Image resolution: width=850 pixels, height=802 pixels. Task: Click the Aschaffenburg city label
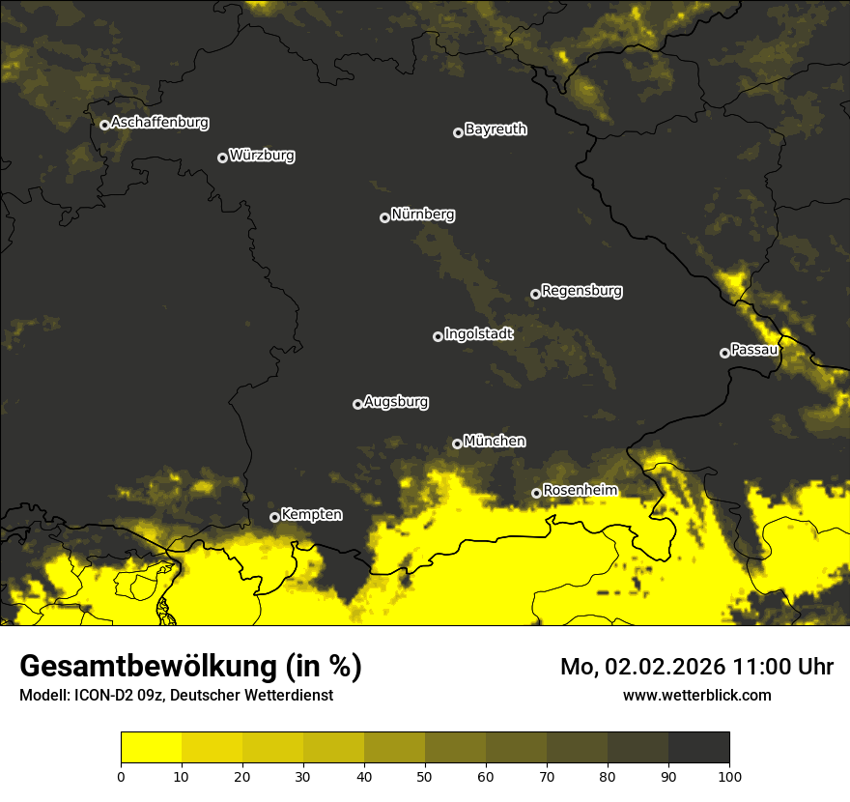coord(159,123)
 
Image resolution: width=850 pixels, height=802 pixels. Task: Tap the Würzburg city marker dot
coord(222,158)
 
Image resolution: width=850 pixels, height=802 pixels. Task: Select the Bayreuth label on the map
coord(496,129)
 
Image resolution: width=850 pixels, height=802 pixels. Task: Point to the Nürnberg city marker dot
coord(384,217)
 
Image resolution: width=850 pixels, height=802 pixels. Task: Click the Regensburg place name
coord(581,291)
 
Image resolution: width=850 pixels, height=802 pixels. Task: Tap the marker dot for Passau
coord(724,353)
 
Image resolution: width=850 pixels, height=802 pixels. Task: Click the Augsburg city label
coord(396,402)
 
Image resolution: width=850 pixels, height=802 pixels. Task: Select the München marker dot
coord(457,444)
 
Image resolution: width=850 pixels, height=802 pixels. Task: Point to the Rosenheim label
coord(580,491)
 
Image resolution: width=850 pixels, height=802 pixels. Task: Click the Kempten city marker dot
coord(274,517)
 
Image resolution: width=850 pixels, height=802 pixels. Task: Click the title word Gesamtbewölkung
coord(149,666)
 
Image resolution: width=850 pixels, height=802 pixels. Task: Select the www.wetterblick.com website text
coord(696,695)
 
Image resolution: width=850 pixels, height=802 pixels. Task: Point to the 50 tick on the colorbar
coord(425,775)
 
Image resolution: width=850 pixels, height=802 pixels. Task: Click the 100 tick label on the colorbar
coord(728,775)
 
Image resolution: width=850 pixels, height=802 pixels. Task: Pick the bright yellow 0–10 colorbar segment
coord(151,748)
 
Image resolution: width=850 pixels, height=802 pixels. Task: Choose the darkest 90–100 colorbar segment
coord(698,748)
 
